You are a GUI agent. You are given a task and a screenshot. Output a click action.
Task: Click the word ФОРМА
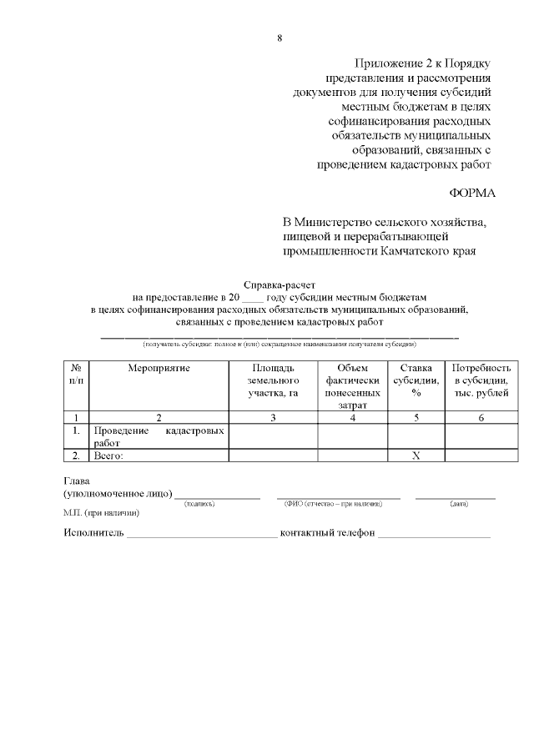(472, 193)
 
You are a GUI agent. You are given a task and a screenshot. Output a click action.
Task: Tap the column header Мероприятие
(159, 367)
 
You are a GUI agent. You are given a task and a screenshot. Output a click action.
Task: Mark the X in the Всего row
(416, 456)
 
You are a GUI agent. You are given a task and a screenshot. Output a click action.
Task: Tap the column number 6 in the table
(481, 418)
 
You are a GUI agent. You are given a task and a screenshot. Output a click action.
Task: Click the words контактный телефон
(327, 533)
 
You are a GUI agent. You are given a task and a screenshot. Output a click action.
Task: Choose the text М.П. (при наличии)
(101, 512)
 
